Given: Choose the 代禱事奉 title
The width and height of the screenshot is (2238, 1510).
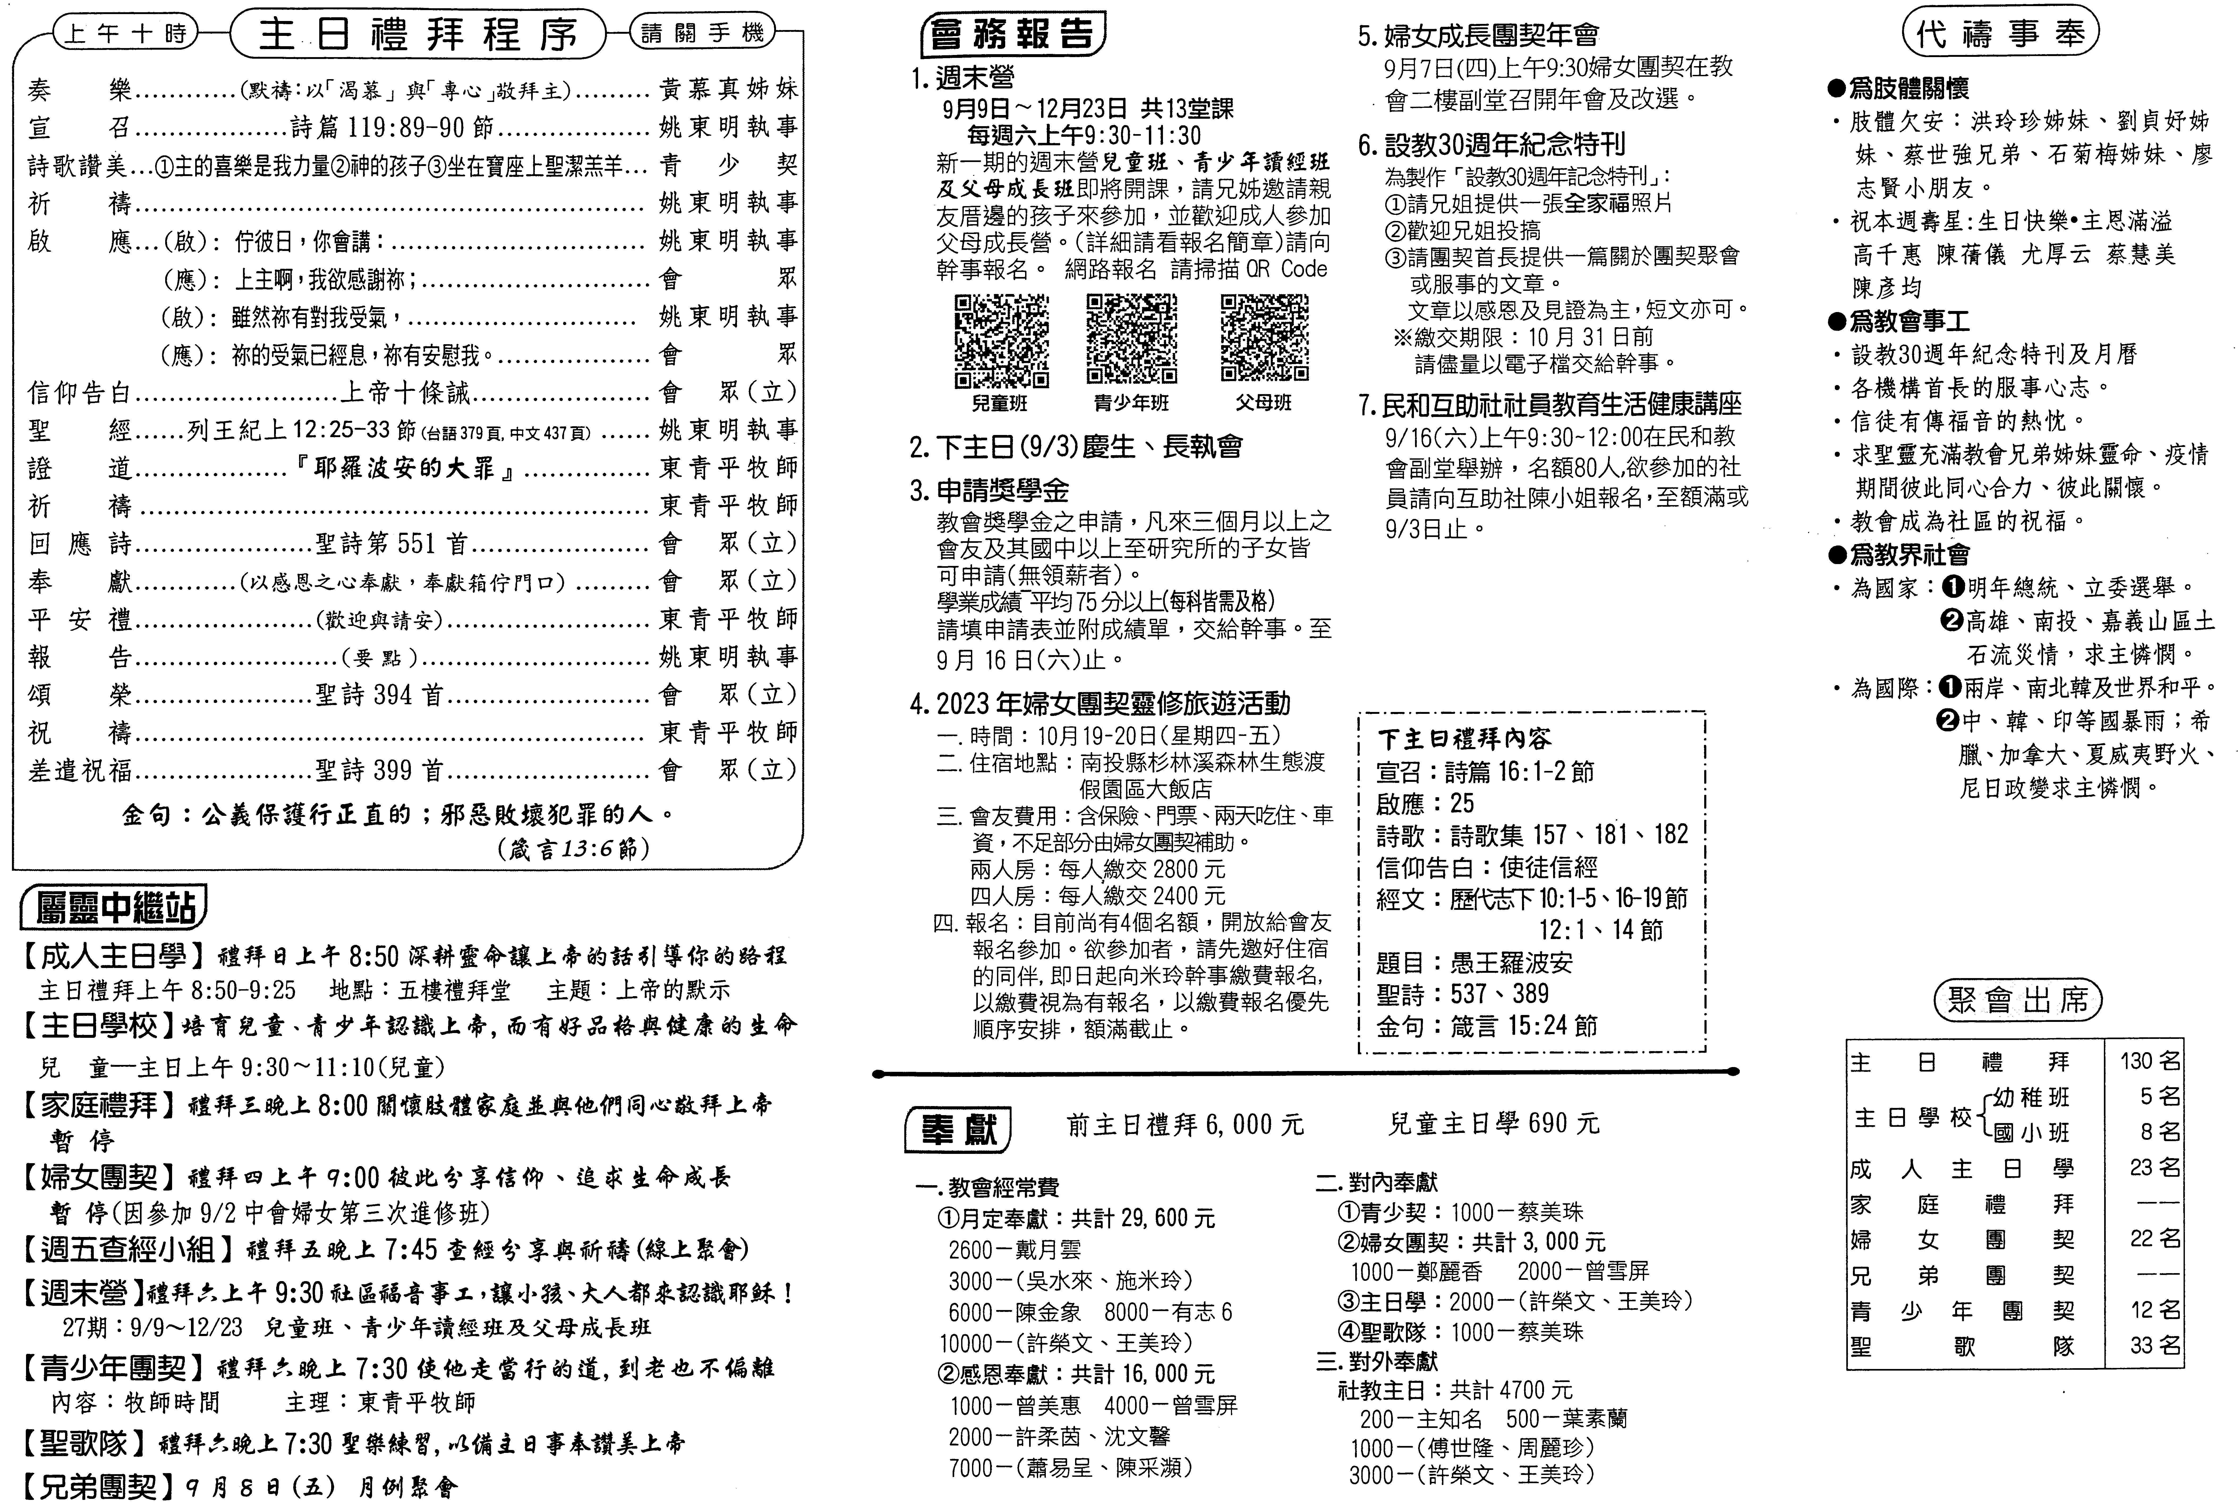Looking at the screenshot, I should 2000,35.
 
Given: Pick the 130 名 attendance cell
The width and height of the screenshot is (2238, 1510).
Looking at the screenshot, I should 2149,1061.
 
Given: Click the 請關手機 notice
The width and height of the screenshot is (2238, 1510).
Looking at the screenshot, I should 703,34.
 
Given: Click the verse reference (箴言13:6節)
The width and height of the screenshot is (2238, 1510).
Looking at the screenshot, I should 573,848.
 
